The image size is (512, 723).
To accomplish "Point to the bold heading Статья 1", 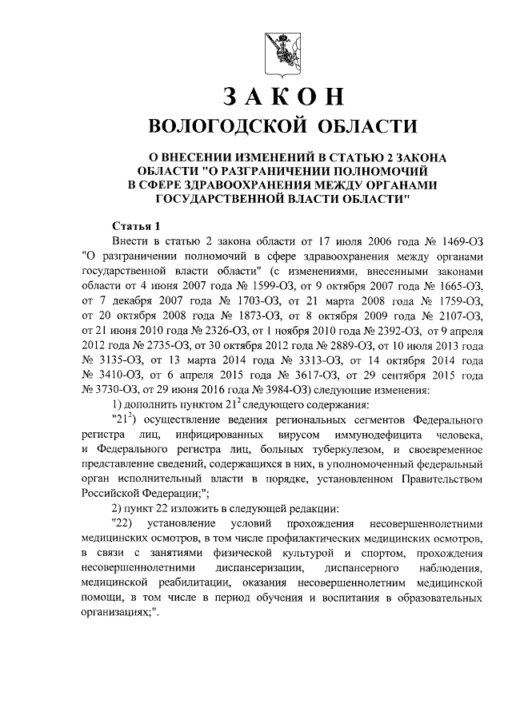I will [136, 226].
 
